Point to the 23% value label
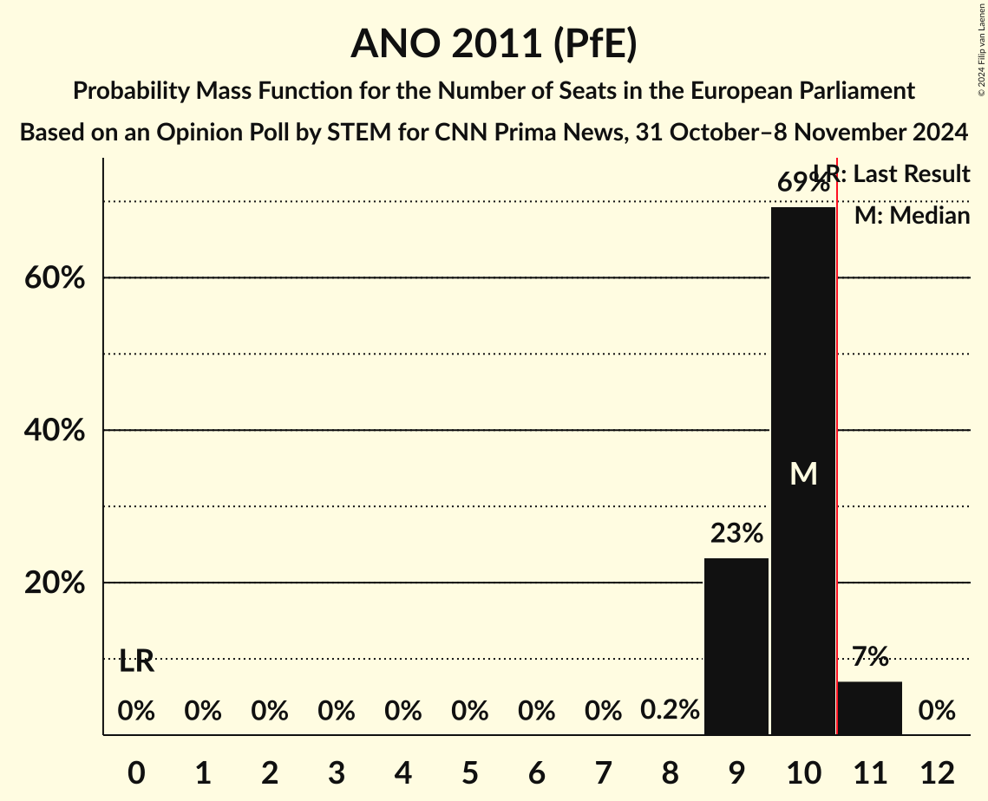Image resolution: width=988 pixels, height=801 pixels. click(x=736, y=533)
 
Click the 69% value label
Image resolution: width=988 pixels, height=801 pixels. click(x=802, y=183)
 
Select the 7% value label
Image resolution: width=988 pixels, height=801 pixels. click(x=870, y=657)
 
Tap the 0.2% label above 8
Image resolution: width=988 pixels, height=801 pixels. click(x=670, y=711)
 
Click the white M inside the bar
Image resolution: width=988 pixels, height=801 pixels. click(x=803, y=473)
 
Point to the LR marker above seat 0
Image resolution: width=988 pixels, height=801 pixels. click(x=136, y=661)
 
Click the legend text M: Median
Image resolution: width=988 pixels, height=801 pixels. click(x=912, y=216)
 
